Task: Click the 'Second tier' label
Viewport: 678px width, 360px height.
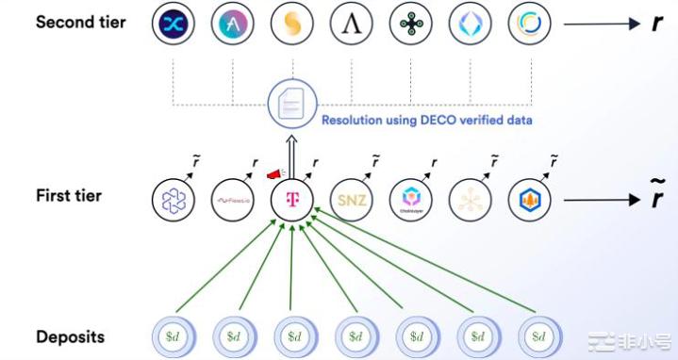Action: pyautogui.click(x=80, y=22)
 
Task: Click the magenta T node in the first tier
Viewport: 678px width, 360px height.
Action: pyautogui.click(x=292, y=200)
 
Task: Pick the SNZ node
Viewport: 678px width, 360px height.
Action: pyautogui.click(x=351, y=200)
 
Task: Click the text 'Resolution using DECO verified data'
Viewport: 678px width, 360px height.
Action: pyautogui.click(x=427, y=120)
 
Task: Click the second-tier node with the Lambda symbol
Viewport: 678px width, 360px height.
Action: pyautogui.click(x=351, y=25)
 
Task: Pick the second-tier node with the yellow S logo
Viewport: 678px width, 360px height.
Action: pyautogui.click(x=291, y=25)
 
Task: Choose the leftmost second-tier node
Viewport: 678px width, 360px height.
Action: pyautogui.click(x=174, y=25)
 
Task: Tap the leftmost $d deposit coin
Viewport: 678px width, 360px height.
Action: pyautogui.click(x=174, y=335)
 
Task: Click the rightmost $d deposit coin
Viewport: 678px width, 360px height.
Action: pyautogui.click(x=539, y=335)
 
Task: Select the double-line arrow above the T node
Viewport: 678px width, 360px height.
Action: pyautogui.click(x=292, y=156)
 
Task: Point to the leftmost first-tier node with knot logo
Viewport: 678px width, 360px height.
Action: pyautogui.click(x=174, y=200)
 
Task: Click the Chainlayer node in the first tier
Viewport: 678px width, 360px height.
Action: pyautogui.click(x=410, y=200)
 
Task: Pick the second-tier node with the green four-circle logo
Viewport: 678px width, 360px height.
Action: pyautogui.click(x=410, y=25)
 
